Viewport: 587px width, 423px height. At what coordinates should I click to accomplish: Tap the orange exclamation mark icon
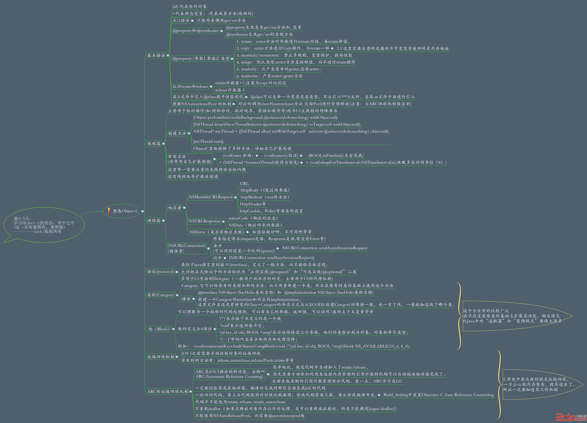point(109,211)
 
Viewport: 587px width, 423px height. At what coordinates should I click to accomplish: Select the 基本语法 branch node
point(156,55)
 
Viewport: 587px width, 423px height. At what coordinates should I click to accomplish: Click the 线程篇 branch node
point(154,144)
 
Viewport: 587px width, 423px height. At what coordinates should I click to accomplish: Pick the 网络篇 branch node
point(154,221)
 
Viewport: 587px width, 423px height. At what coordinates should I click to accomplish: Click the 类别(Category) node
point(161,295)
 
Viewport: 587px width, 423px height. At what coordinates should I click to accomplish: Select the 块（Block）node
point(159,329)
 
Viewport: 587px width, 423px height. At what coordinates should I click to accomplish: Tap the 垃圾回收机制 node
point(161,356)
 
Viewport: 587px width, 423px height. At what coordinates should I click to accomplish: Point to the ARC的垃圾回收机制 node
point(167,391)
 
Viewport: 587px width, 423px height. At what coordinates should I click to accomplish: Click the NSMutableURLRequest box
point(210,197)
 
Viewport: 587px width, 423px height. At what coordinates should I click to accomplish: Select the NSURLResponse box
point(204,221)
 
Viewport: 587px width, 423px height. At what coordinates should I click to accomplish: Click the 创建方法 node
point(177,133)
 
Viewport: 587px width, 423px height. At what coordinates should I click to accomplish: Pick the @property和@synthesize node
point(195,31)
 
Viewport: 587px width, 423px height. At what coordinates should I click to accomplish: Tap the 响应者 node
point(175,208)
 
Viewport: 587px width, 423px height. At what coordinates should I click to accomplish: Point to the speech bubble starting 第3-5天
point(44,225)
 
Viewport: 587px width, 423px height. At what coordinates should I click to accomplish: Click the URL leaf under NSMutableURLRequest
point(244,183)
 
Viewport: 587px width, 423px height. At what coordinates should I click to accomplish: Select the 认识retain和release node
point(190,86)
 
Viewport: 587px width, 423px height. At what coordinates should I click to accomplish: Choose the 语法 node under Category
point(186,299)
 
